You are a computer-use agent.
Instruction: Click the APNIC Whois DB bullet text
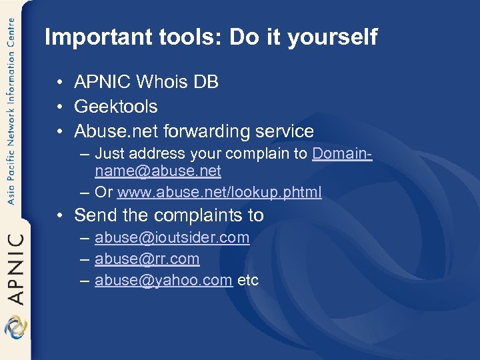point(146,82)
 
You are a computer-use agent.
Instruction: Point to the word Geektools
point(116,106)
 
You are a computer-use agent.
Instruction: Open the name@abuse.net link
point(158,171)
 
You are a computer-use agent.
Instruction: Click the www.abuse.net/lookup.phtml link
point(219,193)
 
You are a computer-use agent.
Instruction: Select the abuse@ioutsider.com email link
point(172,237)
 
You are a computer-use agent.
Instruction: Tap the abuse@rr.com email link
point(147,259)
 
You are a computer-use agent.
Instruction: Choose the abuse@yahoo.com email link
point(163,280)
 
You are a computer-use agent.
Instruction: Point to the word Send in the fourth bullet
point(94,215)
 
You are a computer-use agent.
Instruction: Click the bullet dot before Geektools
point(60,107)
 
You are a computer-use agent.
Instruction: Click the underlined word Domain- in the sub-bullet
point(342,153)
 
